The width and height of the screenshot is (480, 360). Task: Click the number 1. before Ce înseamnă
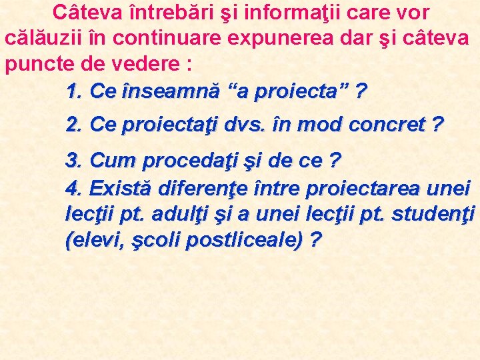(75, 91)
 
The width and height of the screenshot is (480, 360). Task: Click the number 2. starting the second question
(75, 124)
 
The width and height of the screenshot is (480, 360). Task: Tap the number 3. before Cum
(75, 161)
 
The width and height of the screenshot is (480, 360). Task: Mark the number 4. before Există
(75, 189)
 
